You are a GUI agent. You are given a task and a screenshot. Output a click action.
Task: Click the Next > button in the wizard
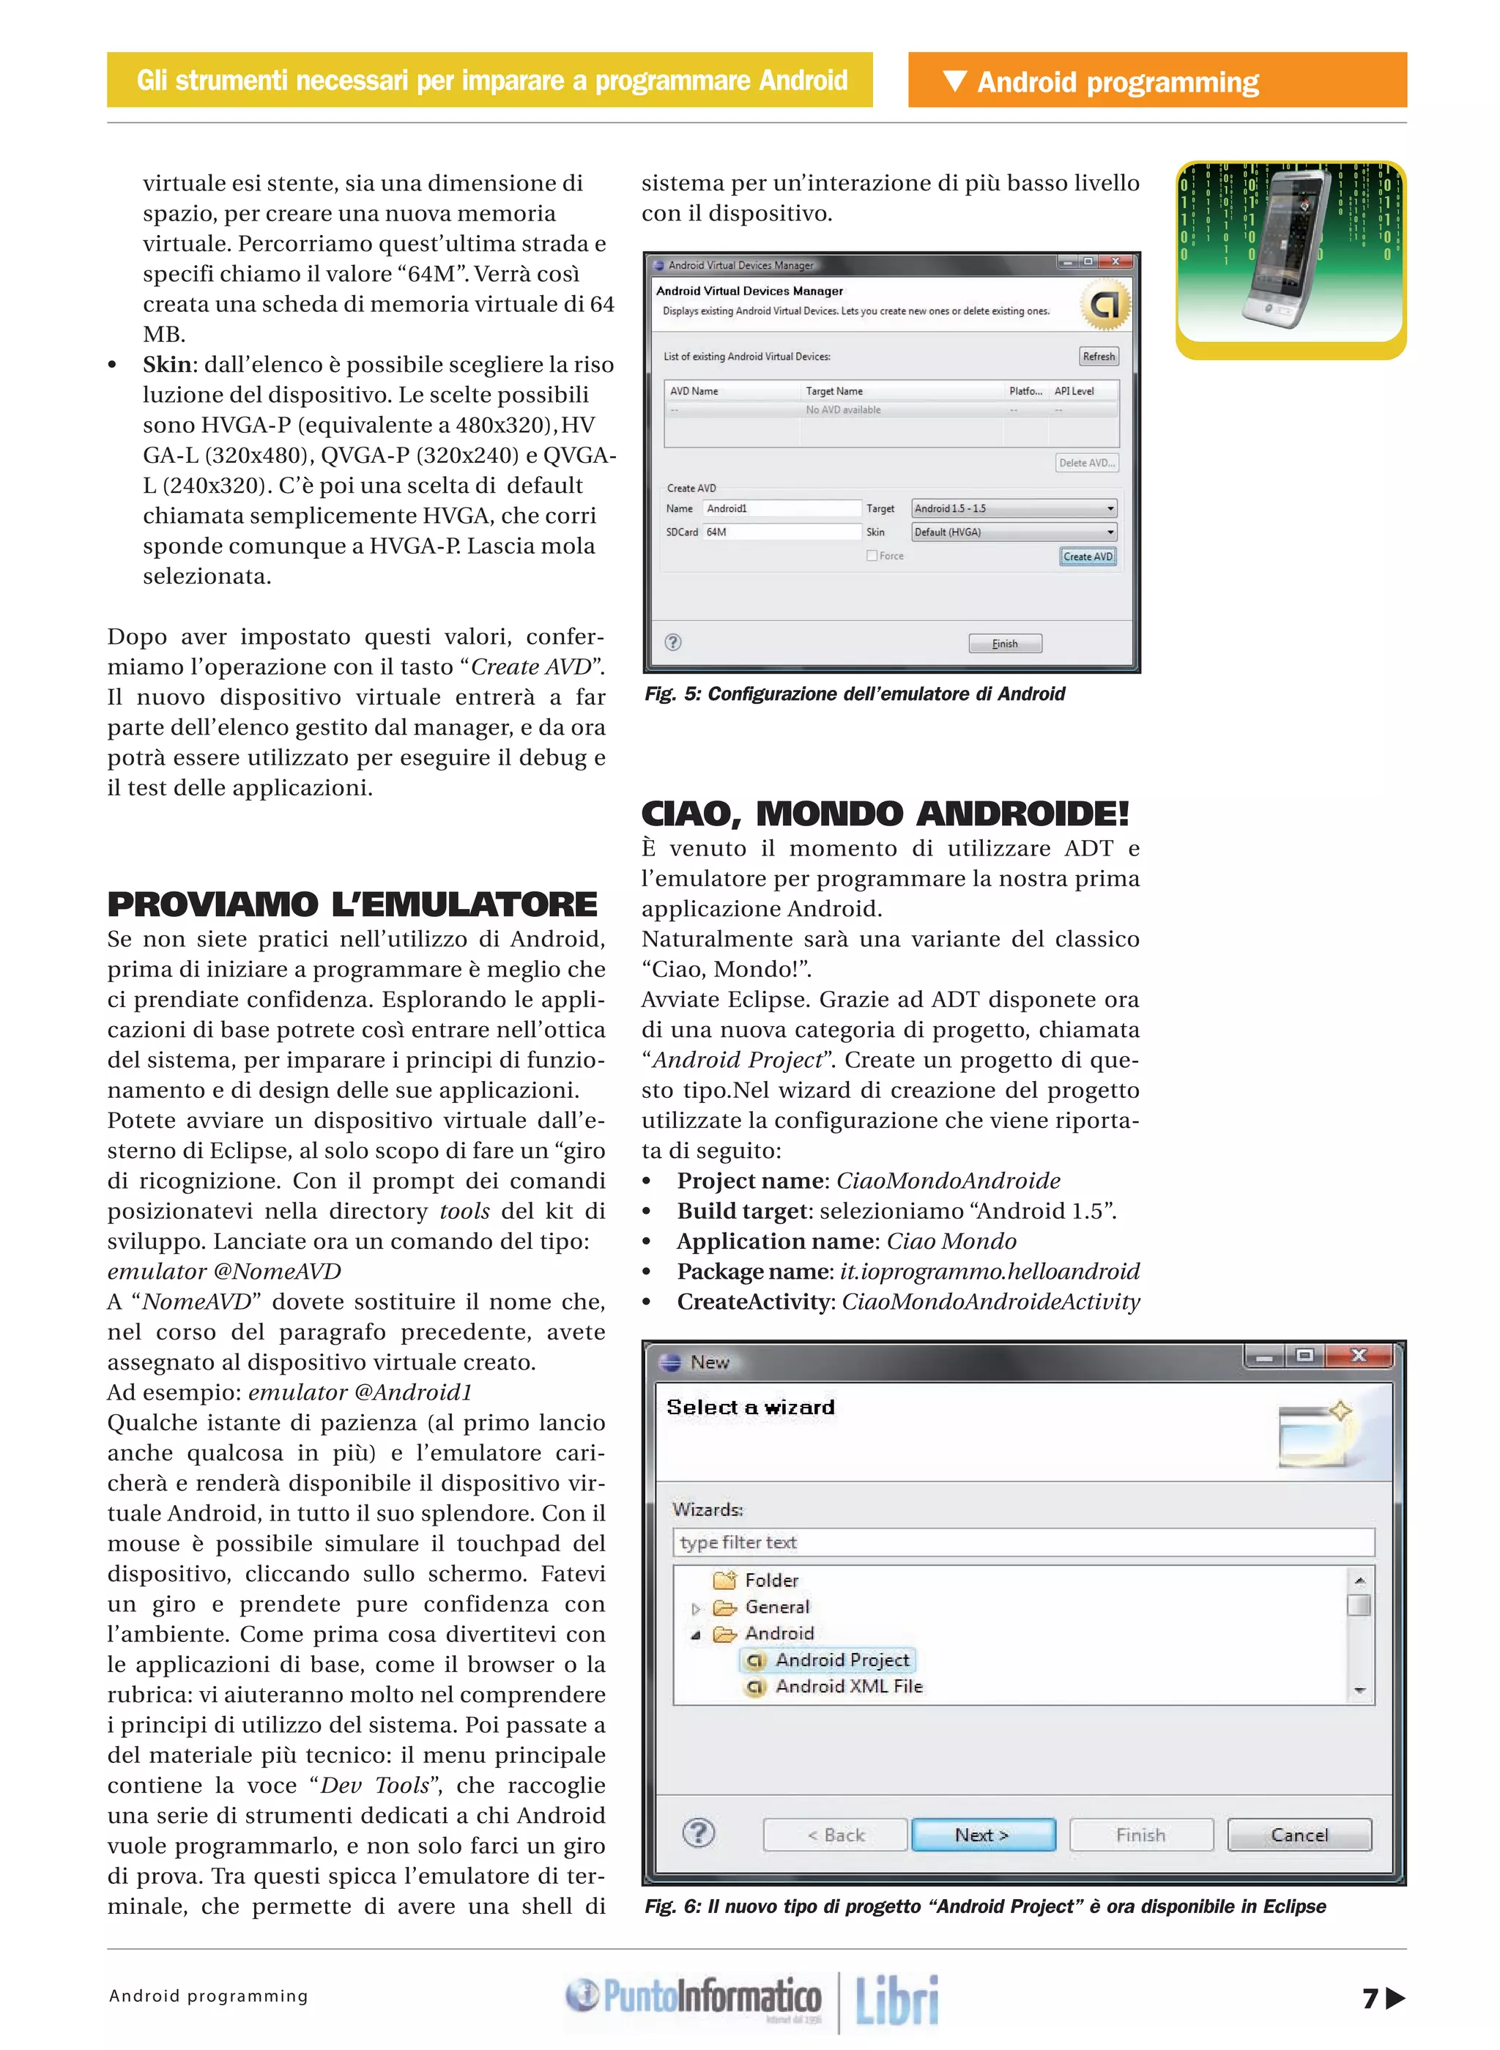tap(982, 1835)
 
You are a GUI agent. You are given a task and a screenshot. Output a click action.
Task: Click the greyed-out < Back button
tap(834, 1835)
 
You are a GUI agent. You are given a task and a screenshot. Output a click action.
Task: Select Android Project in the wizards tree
tap(841, 1660)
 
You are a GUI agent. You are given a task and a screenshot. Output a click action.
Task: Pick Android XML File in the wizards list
tap(848, 1686)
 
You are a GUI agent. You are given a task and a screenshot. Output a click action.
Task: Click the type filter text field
tap(1022, 1542)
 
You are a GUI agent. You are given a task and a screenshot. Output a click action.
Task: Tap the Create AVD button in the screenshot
tap(1087, 557)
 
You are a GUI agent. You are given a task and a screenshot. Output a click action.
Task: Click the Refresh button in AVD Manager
tap(1098, 357)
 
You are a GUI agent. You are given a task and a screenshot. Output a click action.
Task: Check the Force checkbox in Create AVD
tap(872, 556)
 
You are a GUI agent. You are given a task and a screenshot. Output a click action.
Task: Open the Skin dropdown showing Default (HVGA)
tap(1014, 532)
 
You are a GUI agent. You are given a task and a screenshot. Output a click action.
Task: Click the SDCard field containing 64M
tap(781, 532)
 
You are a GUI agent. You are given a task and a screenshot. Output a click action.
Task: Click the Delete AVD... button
tap(1086, 463)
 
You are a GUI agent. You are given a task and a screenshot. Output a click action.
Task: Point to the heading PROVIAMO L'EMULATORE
tap(352, 905)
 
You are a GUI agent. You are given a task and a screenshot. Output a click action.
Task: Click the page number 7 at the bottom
tap(1370, 1997)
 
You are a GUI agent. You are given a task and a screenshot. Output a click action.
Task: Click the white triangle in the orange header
tap(954, 81)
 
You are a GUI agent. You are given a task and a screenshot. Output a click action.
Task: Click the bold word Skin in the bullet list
tap(168, 365)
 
